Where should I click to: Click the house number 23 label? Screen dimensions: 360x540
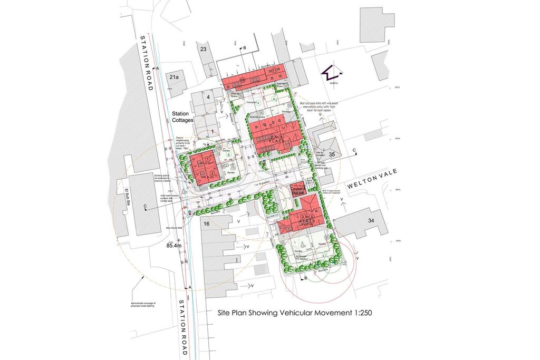pos(202,49)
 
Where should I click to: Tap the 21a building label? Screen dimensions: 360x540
pos(174,77)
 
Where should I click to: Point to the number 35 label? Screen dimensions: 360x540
pos(332,154)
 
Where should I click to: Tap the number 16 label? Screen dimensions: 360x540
pos(207,224)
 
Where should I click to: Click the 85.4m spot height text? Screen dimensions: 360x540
pos(173,246)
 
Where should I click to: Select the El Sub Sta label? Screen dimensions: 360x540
pos(127,200)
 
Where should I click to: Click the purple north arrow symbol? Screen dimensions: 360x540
pos(333,73)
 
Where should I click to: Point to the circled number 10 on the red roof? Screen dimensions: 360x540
pos(243,80)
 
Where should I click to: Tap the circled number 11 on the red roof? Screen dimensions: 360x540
pos(274,70)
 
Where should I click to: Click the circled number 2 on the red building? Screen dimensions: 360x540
pos(212,173)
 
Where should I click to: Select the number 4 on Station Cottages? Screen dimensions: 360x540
pos(208,97)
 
